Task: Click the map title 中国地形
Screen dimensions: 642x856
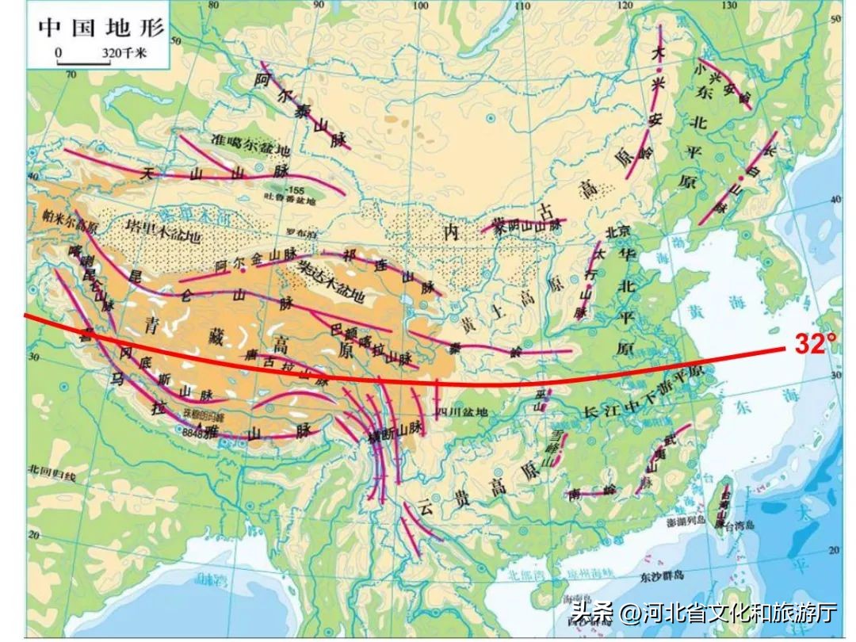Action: (x=101, y=27)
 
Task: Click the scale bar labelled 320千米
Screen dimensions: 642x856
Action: (x=101, y=55)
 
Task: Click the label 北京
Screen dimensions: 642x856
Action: (x=617, y=232)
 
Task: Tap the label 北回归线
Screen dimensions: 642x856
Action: (x=51, y=476)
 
